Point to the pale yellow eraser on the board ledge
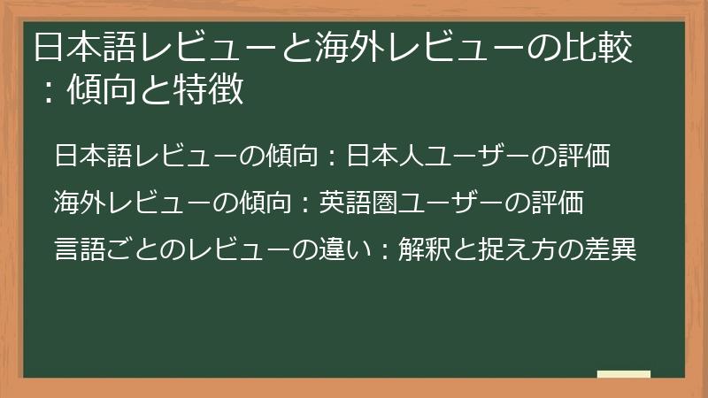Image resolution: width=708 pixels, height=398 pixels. pyautogui.click(x=624, y=375)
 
